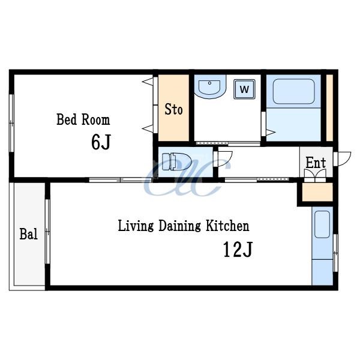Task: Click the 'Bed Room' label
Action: click(x=83, y=119)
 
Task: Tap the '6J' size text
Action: click(x=101, y=142)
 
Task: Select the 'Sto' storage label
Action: click(x=173, y=110)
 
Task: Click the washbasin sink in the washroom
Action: click(x=210, y=87)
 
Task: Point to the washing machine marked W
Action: click(x=245, y=89)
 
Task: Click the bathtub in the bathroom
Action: click(x=293, y=91)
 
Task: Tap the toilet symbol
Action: click(x=176, y=161)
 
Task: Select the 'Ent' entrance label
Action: click(x=316, y=163)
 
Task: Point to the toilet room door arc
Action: click(x=228, y=161)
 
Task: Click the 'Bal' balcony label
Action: click(x=28, y=234)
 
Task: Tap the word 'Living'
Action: click(x=136, y=226)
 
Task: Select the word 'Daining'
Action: click(x=180, y=226)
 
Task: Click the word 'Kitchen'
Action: click(x=227, y=226)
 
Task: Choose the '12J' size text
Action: click(x=238, y=250)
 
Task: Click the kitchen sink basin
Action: click(x=322, y=224)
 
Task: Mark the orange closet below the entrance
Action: click(x=317, y=192)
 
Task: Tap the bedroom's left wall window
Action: click(x=11, y=123)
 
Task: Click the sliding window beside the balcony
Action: click(x=47, y=232)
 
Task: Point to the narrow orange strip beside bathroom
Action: click(x=329, y=107)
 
